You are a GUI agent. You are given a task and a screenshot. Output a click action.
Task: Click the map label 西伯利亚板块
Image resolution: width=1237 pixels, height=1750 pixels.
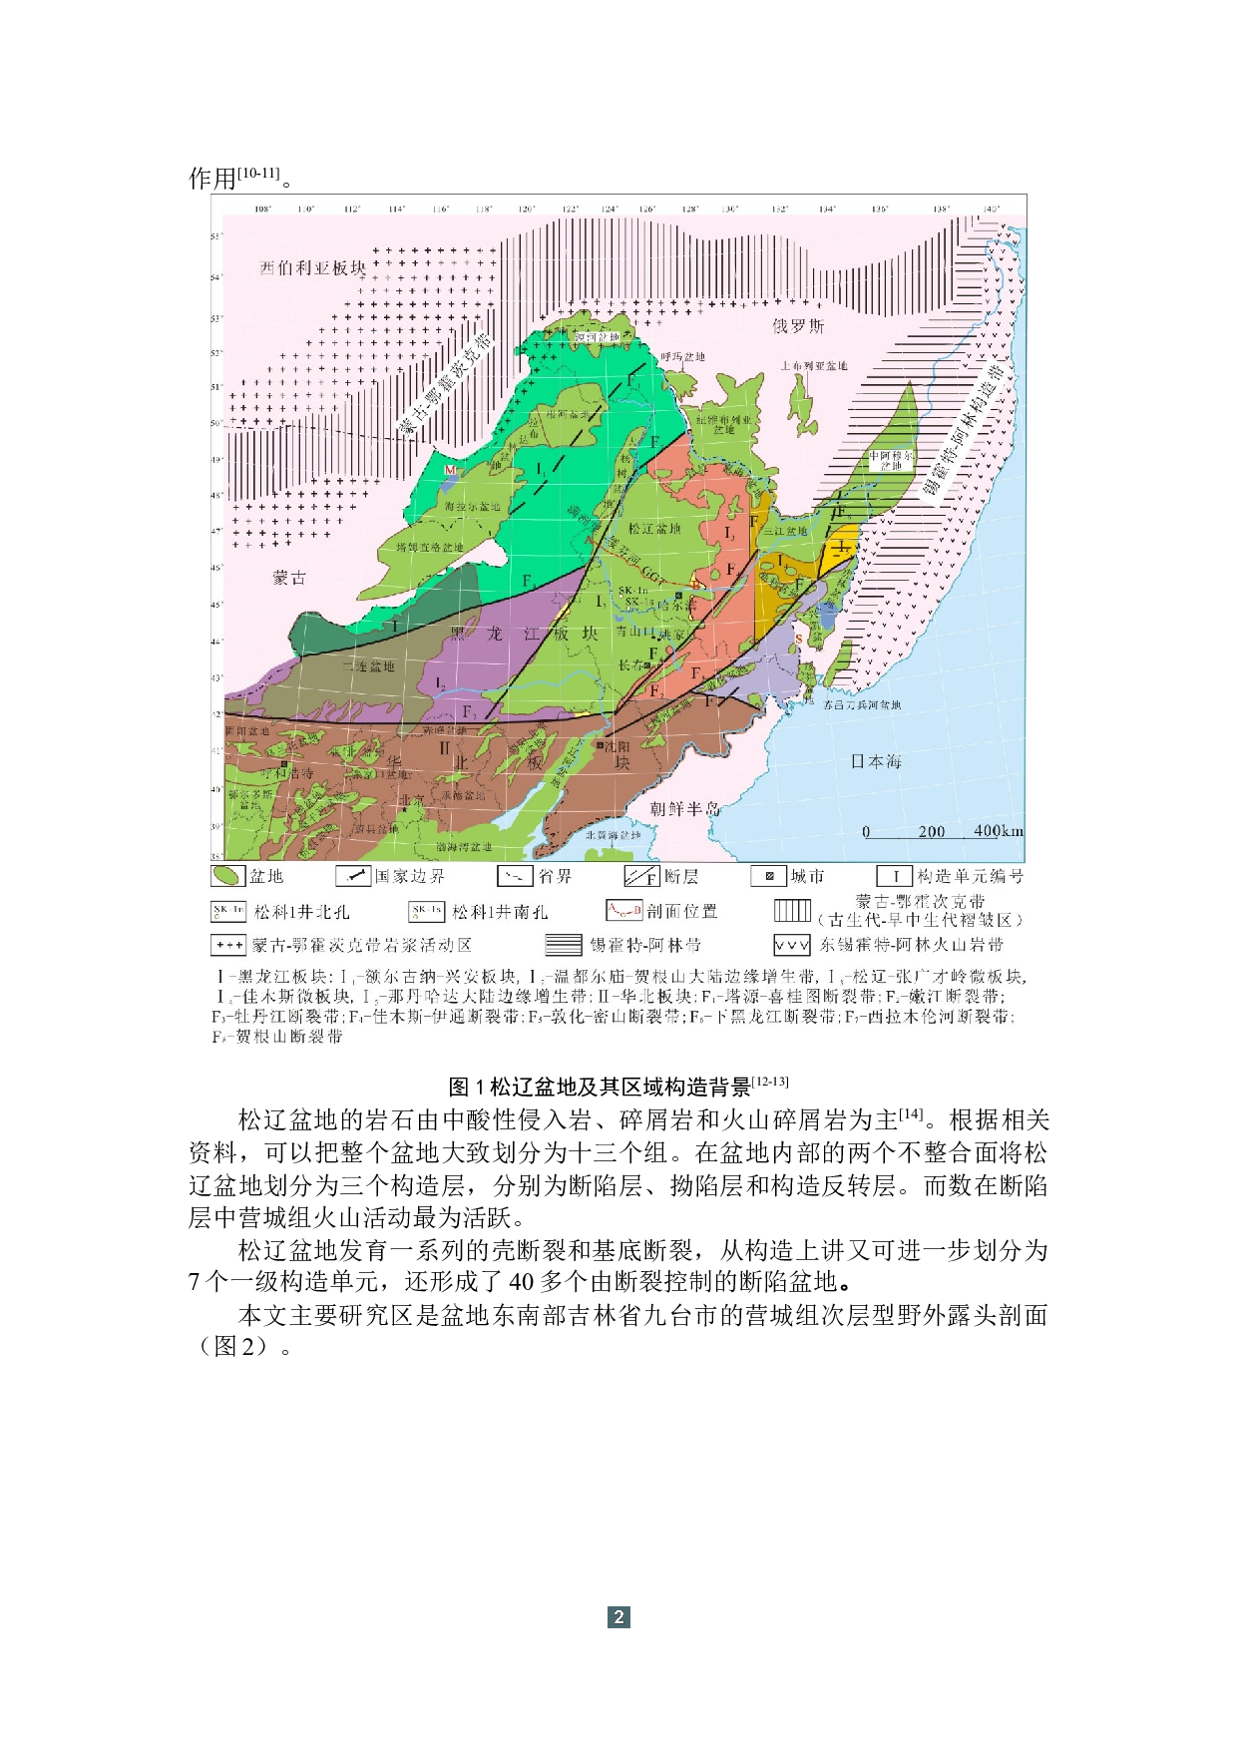pos(312,268)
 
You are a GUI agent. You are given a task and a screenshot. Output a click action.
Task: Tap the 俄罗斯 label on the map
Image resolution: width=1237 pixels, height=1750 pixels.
pos(798,326)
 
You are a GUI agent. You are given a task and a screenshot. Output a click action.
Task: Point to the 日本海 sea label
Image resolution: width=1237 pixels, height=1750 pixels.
pos(876,761)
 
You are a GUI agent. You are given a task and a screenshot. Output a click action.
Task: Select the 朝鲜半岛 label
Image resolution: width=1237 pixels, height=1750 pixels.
pos(684,808)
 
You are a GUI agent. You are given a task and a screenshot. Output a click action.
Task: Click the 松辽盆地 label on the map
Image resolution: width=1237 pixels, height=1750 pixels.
pos(654,528)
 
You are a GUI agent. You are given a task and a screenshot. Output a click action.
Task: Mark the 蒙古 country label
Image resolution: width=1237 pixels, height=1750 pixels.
pos(289,578)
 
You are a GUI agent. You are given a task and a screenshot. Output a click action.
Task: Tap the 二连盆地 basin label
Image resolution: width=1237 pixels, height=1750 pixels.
pos(368,665)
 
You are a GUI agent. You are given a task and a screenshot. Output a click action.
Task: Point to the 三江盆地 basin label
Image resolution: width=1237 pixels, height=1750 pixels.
pos(785,531)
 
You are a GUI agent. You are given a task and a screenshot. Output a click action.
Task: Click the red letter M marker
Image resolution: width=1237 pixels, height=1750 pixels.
pos(450,470)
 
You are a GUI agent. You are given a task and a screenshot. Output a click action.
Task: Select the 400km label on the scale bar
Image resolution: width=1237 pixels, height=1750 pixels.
pos(998,831)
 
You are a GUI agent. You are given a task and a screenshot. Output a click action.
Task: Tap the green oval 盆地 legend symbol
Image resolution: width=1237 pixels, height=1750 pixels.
pos(227,876)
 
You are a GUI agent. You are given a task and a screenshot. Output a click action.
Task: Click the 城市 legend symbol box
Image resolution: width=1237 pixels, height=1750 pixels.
pos(768,876)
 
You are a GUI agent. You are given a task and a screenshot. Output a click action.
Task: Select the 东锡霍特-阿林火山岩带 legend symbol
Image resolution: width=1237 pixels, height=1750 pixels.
pos(791,944)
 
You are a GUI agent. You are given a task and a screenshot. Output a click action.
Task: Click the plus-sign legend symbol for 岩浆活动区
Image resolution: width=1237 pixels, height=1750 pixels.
pos(228,944)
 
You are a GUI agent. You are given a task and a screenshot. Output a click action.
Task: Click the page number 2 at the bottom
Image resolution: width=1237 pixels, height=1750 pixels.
pos(618,1617)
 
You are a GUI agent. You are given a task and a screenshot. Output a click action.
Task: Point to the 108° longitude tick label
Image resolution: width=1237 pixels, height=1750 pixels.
pos(263,210)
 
